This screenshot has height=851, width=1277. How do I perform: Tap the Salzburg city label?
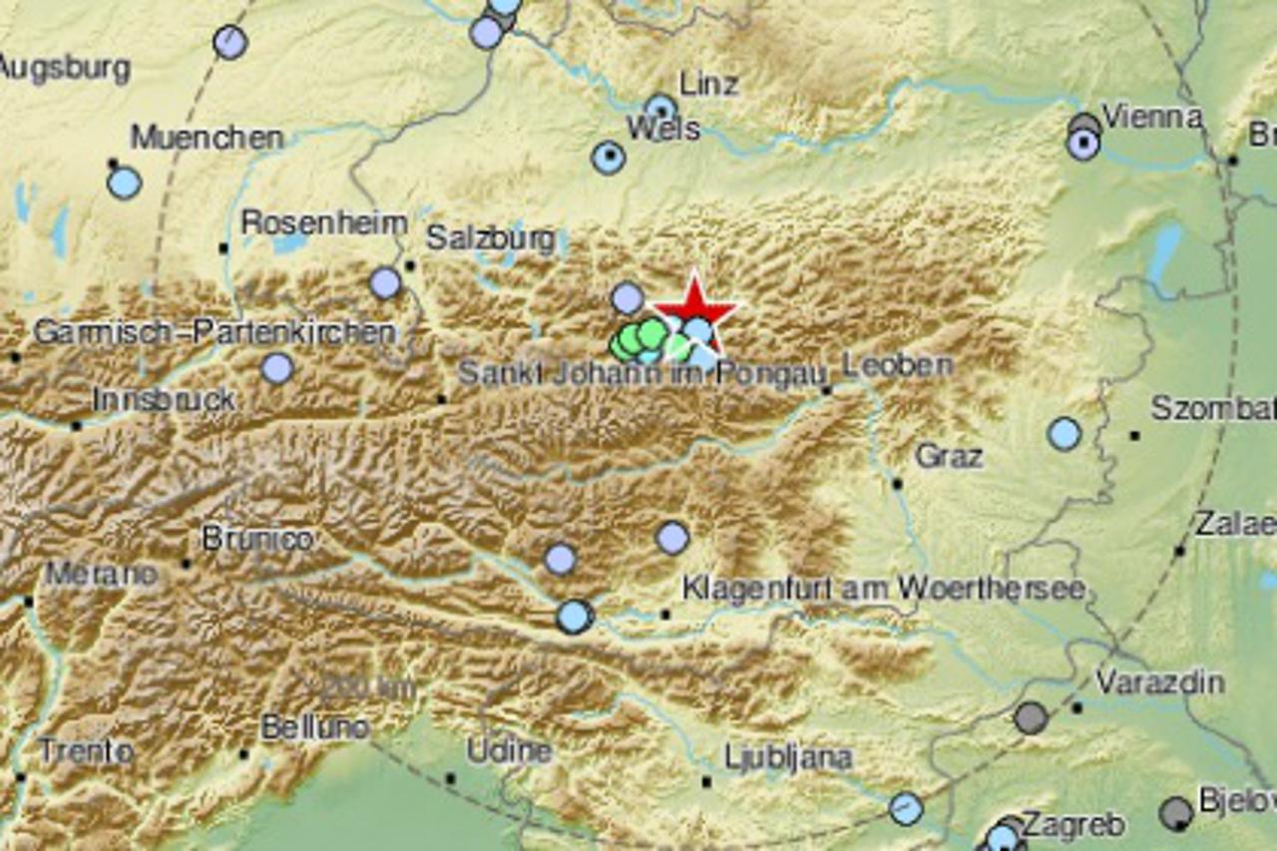pyautogui.click(x=490, y=238)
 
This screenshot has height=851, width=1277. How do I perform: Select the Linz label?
pyautogui.click(x=708, y=84)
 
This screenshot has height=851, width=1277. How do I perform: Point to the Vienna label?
pyautogui.click(x=1152, y=118)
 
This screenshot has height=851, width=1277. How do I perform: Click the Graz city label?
pyautogui.click(x=949, y=457)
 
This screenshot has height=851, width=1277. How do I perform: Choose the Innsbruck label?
pyautogui.click(x=164, y=399)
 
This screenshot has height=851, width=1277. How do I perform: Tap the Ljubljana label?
pyautogui.click(x=788, y=758)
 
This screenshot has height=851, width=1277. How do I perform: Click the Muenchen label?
pyautogui.click(x=207, y=138)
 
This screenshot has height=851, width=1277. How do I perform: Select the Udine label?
pyautogui.click(x=509, y=750)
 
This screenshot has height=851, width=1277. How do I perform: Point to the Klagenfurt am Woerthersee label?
pyautogui.click(x=883, y=588)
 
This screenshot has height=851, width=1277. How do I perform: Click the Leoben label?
pyautogui.click(x=897, y=365)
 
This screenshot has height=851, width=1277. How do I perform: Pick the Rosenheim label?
pyautogui.click(x=324, y=222)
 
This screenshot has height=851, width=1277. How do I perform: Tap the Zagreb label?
pyautogui.click(x=1073, y=826)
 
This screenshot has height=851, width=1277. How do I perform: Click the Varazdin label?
pyautogui.click(x=1160, y=682)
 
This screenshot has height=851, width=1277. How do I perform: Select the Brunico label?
pyautogui.click(x=257, y=539)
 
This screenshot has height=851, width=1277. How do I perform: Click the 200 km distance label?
pyautogui.click(x=368, y=687)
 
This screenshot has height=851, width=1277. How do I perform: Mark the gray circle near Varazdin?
pyautogui.click(x=1032, y=716)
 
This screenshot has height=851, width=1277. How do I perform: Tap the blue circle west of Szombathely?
pyautogui.click(x=1064, y=434)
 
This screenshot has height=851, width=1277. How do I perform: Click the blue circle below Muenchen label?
pyautogui.click(x=125, y=183)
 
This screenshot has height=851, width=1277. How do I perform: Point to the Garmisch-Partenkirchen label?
pyautogui.click(x=214, y=332)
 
